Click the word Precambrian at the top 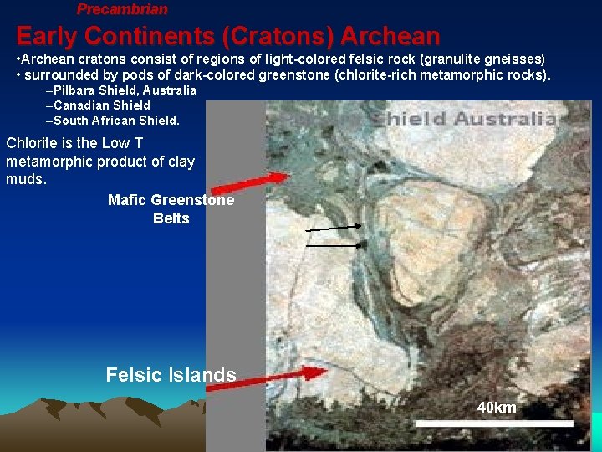pyautogui.click(x=122, y=9)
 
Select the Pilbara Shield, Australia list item pyautogui.click(x=125, y=90)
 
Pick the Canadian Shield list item pyautogui.click(x=102, y=105)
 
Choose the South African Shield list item pyautogui.click(x=116, y=121)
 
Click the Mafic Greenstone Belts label pyautogui.click(x=171, y=209)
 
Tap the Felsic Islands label pyautogui.click(x=171, y=375)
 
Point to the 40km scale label pyautogui.click(x=497, y=408)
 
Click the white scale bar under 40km pyautogui.click(x=494, y=424)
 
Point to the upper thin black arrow pyautogui.click(x=334, y=227)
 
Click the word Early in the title pyautogui.click(x=47, y=37)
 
